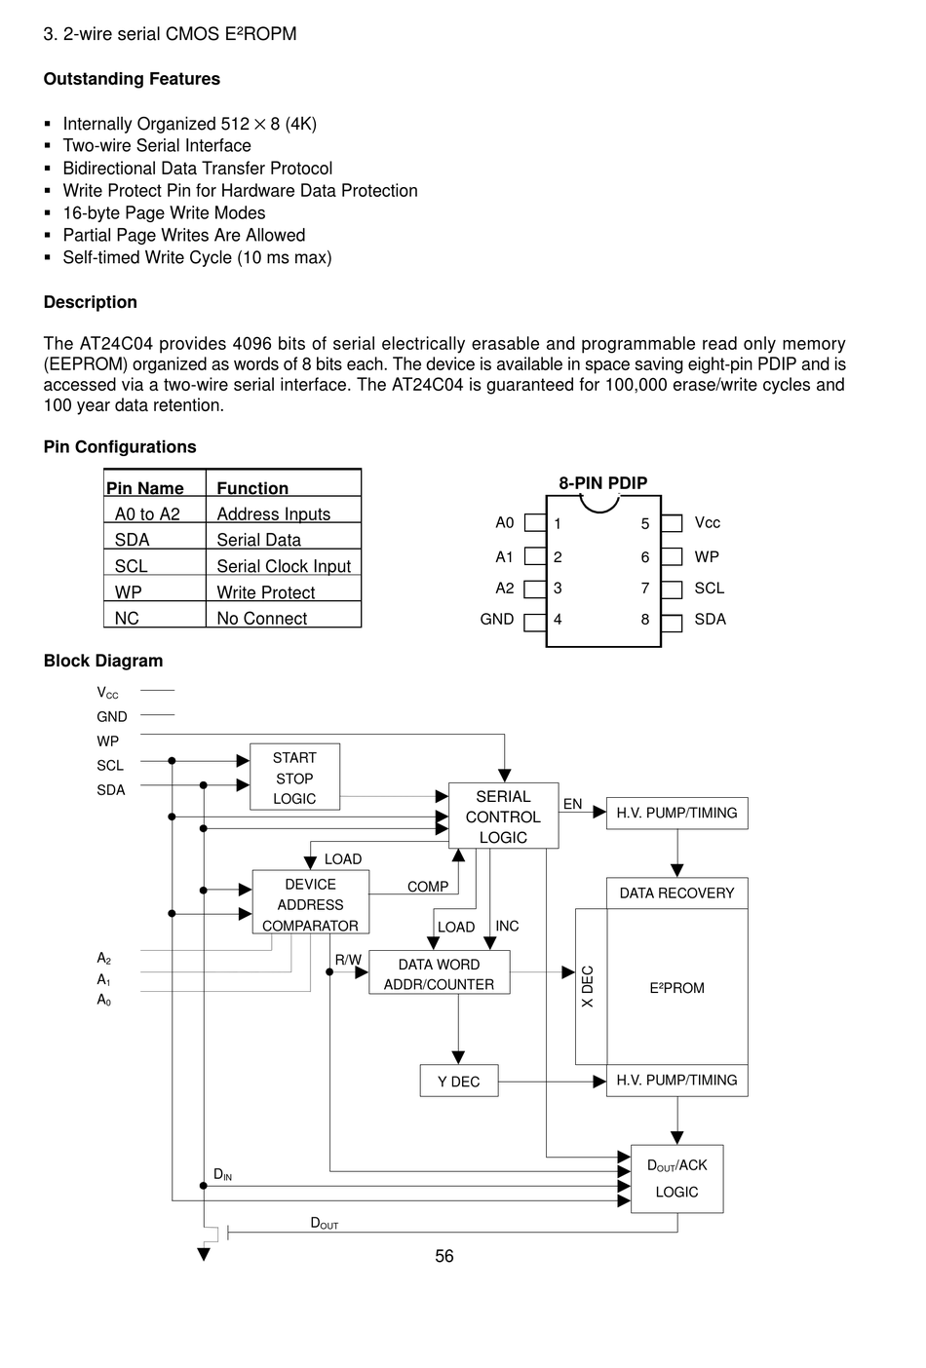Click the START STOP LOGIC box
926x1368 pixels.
click(294, 777)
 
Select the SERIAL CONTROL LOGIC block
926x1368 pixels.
click(503, 816)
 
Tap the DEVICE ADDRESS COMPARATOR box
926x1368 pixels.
click(310, 901)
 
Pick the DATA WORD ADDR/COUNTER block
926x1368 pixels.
click(440, 971)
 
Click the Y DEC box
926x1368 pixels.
click(459, 1081)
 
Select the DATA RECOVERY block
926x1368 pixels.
click(676, 893)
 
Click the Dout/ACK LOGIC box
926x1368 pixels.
click(676, 1179)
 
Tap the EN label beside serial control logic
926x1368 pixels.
click(572, 804)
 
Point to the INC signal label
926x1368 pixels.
click(507, 926)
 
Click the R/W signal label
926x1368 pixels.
click(348, 960)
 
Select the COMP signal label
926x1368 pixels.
click(428, 886)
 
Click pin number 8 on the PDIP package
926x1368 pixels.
click(645, 620)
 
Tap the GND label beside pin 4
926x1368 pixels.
click(496, 620)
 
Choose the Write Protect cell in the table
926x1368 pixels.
click(266, 591)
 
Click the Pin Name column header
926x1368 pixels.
click(145, 488)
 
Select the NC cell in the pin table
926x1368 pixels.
click(127, 618)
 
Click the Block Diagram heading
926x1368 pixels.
click(103, 661)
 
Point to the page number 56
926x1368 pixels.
click(444, 1256)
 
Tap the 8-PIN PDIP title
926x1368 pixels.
click(603, 483)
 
